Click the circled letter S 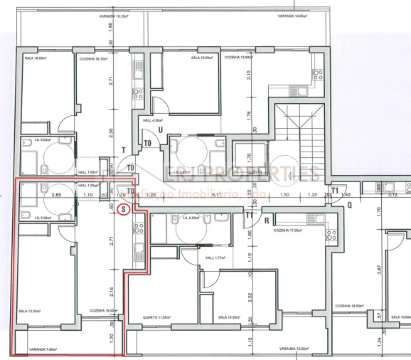(124, 209)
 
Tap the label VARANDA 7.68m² (43, 349)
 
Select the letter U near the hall (161, 130)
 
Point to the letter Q (350, 204)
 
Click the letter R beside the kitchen (266, 221)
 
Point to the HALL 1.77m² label (215, 258)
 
